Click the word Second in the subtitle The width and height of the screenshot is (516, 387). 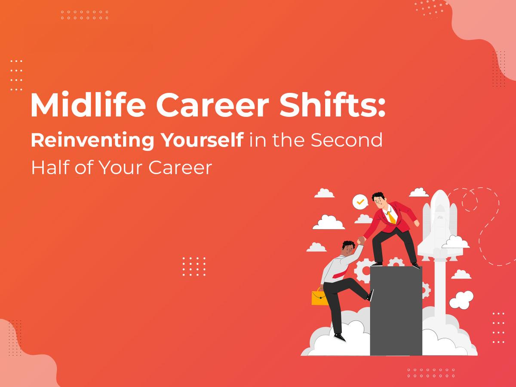click(347, 141)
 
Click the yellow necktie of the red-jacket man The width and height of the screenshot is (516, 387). click(391, 216)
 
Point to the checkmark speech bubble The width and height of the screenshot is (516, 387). click(360, 201)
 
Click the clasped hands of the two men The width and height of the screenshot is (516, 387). click(360, 240)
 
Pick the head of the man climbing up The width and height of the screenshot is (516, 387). click(348, 248)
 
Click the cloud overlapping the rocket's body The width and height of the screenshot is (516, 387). click(455, 243)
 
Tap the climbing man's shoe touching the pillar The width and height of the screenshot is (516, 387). click(370, 295)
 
